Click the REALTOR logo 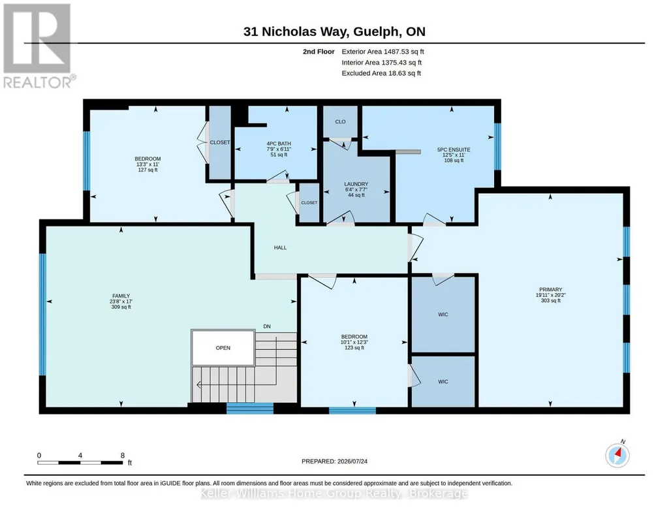[x=38, y=46]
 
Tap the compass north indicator [x=617, y=455]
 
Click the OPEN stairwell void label [x=223, y=348]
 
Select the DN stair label [x=267, y=326]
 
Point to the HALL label [x=280, y=247]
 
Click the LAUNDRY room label [x=356, y=184]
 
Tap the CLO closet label [x=340, y=121]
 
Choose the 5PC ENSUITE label [x=454, y=149]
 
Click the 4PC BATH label [x=279, y=144]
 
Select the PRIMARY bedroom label [x=550, y=289]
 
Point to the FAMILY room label [x=121, y=296]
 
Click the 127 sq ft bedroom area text [x=148, y=170]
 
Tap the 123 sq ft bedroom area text [x=354, y=348]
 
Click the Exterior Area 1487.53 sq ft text [x=382, y=52]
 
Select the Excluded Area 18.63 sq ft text [x=381, y=73]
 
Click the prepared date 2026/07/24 [x=352, y=461]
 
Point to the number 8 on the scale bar [x=123, y=455]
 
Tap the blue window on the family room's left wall [x=42, y=315]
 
